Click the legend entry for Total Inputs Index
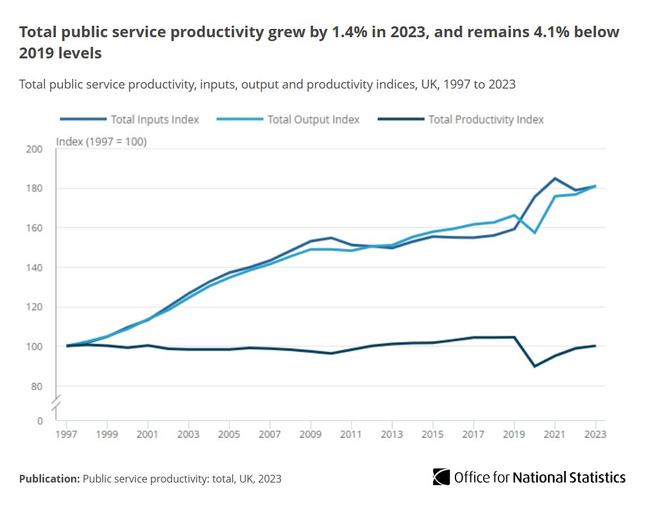[x=155, y=119]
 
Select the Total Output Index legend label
[x=313, y=119]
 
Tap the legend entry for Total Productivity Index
[x=486, y=119]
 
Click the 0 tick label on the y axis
[x=39, y=421]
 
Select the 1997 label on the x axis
[x=67, y=434]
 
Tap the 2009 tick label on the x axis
[x=310, y=434]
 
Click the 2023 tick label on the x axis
[x=595, y=434]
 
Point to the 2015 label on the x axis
[x=432, y=434]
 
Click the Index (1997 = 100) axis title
[x=101, y=141]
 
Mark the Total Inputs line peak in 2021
[x=555, y=178]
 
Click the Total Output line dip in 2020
[x=534, y=232]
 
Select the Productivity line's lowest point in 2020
[x=534, y=366]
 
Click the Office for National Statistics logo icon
[x=441, y=477]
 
